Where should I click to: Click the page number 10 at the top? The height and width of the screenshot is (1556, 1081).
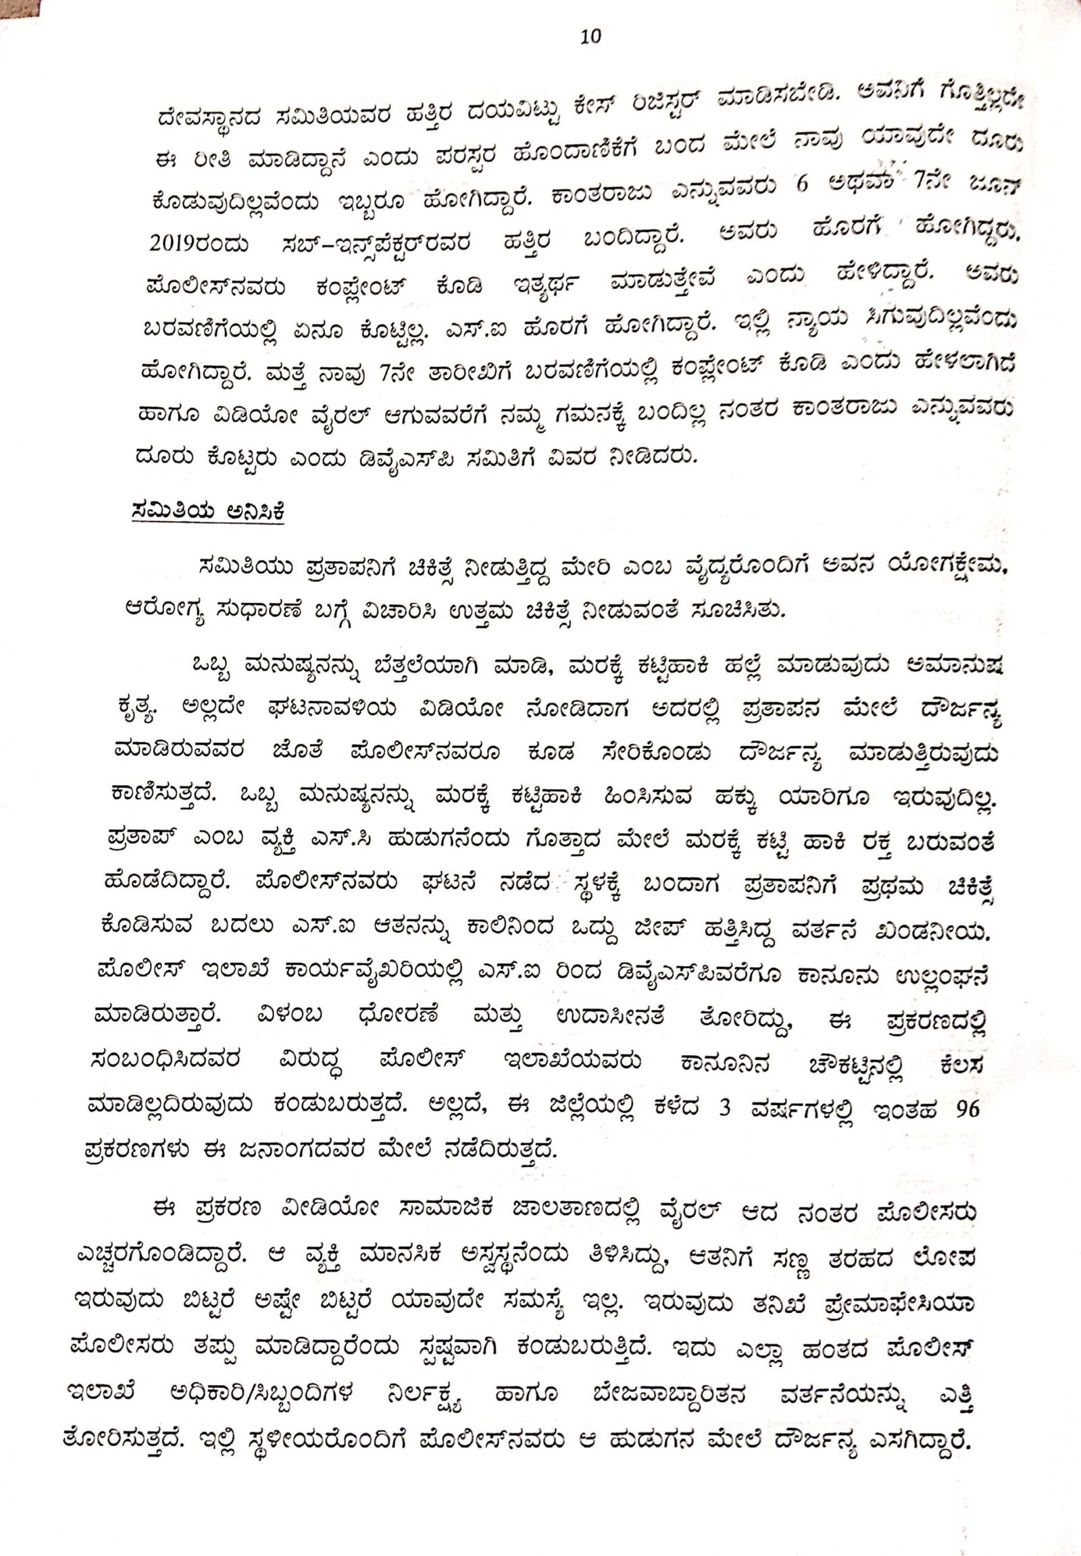pyautogui.click(x=590, y=37)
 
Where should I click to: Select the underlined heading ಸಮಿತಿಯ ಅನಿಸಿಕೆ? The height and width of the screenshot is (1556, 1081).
pyautogui.click(x=208, y=512)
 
